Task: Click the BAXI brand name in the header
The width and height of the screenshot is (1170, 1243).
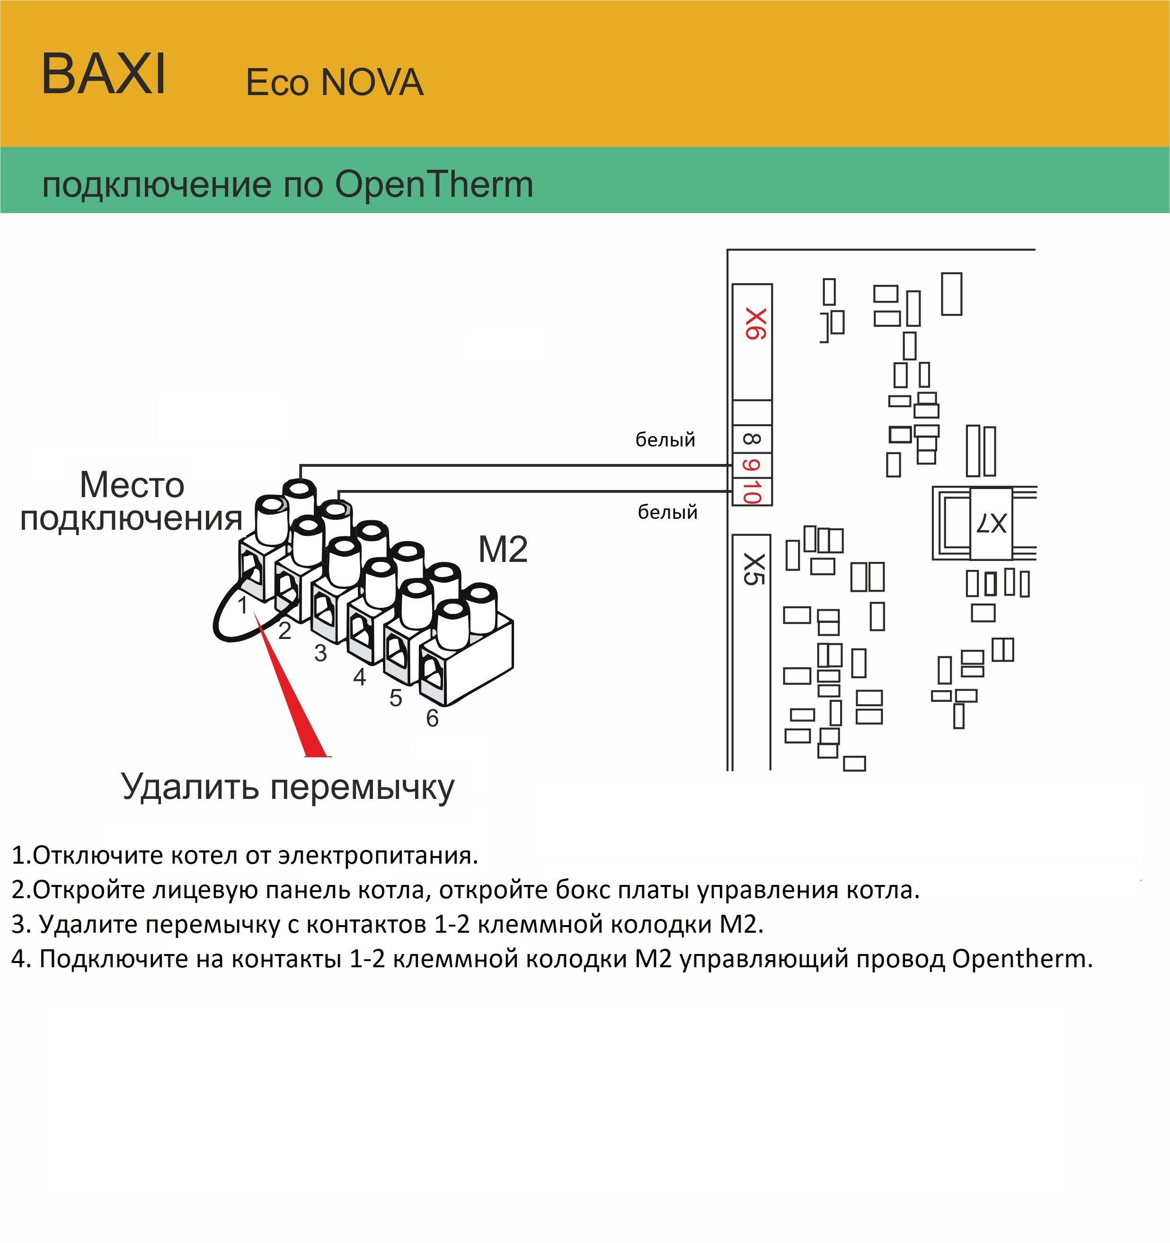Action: (x=104, y=74)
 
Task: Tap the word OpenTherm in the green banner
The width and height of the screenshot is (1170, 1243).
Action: (x=434, y=185)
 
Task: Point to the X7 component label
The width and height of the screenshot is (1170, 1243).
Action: (x=991, y=523)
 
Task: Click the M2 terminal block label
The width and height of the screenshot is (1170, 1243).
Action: (x=503, y=550)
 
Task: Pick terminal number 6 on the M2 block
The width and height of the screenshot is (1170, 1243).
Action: (x=432, y=718)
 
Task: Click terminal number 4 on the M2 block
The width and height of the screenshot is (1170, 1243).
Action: (x=359, y=676)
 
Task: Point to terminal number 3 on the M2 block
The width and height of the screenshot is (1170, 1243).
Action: (x=320, y=653)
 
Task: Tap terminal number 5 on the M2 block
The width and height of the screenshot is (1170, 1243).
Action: (x=395, y=698)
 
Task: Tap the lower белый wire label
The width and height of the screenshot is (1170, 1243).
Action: (x=667, y=513)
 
